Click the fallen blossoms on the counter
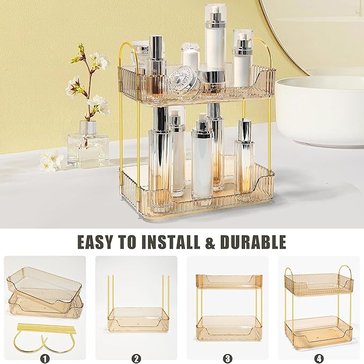pyautogui.click(x=51, y=161)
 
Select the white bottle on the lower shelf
pyautogui.click(x=203, y=161)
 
